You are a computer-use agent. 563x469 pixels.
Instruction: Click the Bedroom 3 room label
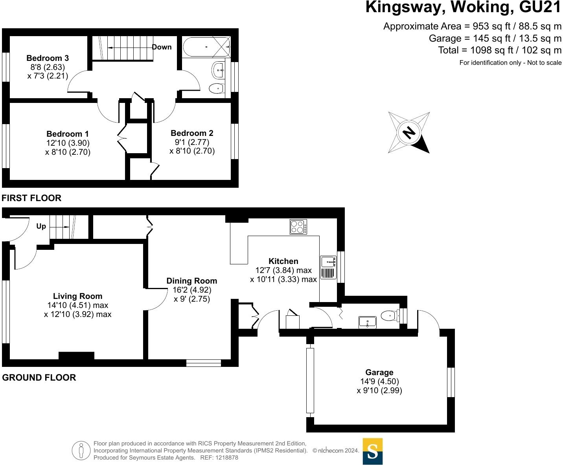pos(48,58)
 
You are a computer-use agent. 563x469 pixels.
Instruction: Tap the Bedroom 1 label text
pos(67,134)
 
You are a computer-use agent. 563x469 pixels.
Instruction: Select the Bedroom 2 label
pos(192,133)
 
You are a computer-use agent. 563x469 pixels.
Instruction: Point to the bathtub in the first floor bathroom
pos(206,47)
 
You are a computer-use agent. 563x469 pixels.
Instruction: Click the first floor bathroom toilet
pos(217,88)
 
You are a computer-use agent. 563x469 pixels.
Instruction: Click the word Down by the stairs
pos(162,47)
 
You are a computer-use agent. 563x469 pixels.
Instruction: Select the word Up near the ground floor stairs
pos(41,226)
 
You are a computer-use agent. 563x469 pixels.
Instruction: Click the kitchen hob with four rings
pos(298,227)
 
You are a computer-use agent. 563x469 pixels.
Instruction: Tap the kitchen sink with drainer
pos(328,267)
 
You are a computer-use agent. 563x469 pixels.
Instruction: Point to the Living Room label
pos(78,296)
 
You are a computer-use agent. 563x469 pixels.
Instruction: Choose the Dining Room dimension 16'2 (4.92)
pos(192,290)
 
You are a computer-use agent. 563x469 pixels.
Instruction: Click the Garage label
pos(379,372)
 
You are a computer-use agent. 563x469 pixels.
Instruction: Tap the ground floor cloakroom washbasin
pos(367,322)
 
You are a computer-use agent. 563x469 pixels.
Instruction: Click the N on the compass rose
pos(409,132)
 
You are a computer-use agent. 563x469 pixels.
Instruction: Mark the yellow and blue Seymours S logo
pos(372,451)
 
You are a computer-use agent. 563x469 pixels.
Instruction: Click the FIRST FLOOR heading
pos(31,198)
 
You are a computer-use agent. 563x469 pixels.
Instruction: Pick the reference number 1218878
pos(226,458)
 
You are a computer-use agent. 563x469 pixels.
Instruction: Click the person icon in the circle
pos(81,451)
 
